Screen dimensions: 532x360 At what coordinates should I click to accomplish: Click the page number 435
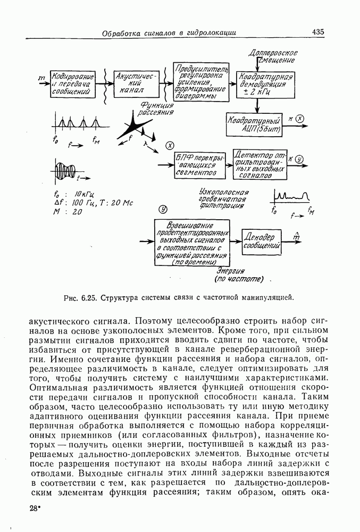(x=319, y=31)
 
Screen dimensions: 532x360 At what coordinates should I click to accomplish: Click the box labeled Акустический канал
(x=137, y=83)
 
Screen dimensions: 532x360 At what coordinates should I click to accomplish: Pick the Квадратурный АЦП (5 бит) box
(x=253, y=124)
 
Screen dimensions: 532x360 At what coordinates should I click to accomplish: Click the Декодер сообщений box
(x=261, y=242)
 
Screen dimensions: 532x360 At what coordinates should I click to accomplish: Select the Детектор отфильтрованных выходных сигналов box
(x=260, y=165)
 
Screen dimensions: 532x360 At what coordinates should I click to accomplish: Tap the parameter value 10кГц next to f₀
(x=85, y=194)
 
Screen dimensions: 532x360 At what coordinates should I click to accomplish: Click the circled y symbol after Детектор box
(x=299, y=159)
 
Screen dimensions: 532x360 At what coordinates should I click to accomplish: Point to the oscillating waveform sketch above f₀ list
(x=67, y=170)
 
